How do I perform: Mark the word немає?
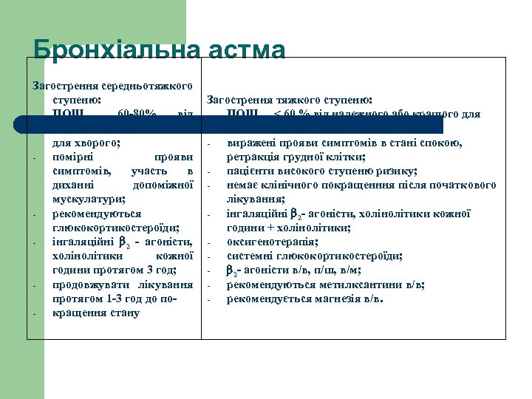(242, 185)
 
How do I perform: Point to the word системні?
(250, 256)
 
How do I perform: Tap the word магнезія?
(339, 299)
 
